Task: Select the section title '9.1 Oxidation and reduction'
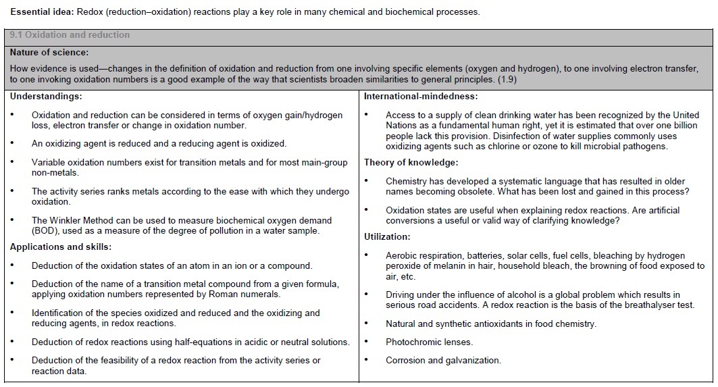(x=70, y=34)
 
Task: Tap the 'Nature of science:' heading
(x=49, y=52)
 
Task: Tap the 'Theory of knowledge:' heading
(x=411, y=162)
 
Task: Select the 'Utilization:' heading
(x=387, y=236)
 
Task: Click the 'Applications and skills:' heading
(x=60, y=247)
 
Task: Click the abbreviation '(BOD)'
(x=45, y=231)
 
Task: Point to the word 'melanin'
(x=445, y=266)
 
